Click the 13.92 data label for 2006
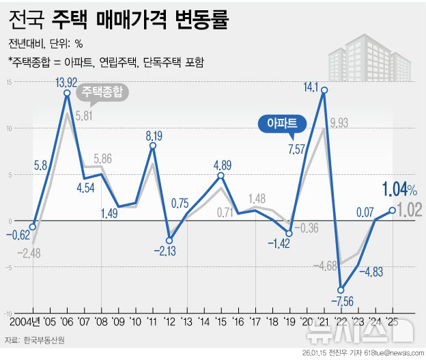pos(67,83)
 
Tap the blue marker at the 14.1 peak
pos(324,90)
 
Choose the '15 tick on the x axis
pos(220,321)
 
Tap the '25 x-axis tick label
pos(391,321)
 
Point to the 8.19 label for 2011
pos(152,135)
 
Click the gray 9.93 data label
pos(339,123)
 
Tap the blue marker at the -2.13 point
pos(169,240)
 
